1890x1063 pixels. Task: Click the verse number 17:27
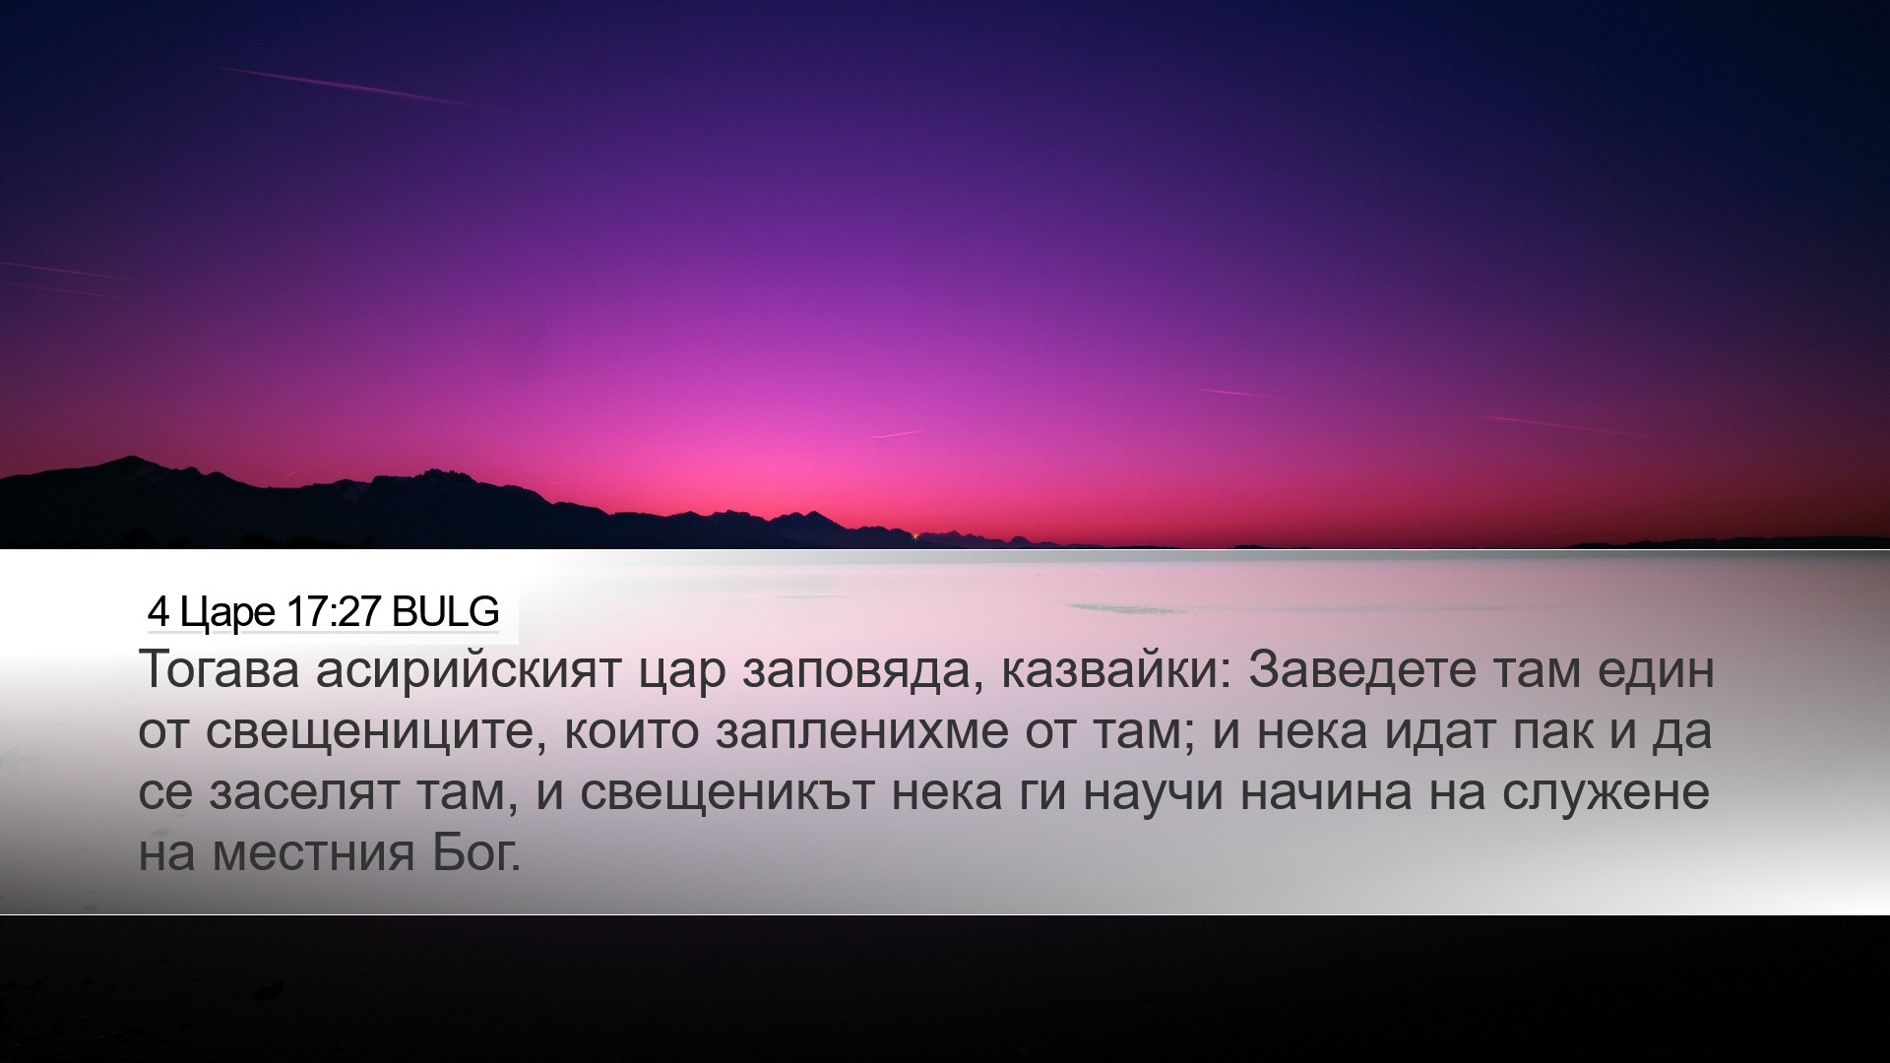click(x=335, y=612)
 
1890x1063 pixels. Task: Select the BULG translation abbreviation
click(x=445, y=612)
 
